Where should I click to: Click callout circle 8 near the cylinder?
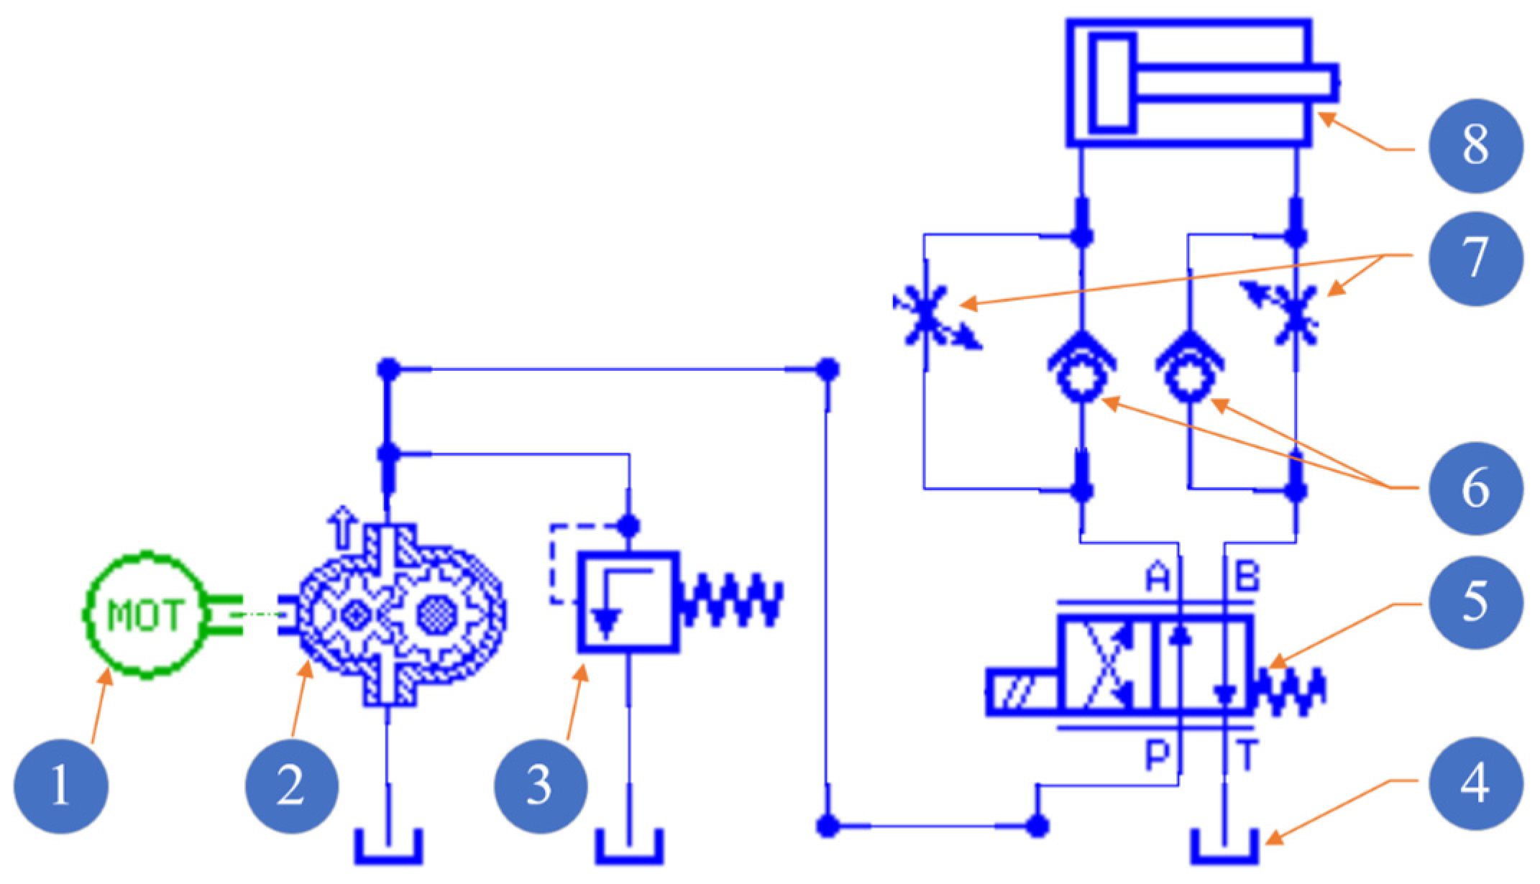coord(1475,146)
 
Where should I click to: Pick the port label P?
coord(1157,754)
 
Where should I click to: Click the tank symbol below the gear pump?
coord(388,848)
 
